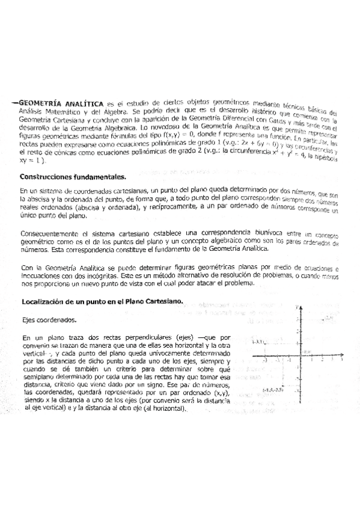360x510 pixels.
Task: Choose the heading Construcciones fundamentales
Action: pos(73,177)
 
